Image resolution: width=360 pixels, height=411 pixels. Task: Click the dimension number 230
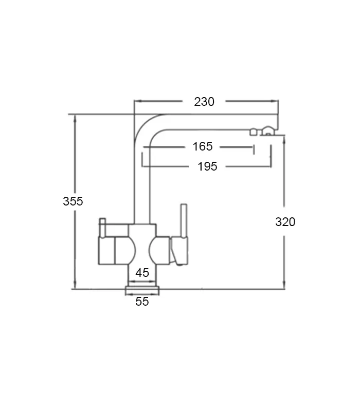(204, 102)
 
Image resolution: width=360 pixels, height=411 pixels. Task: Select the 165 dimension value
(203, 147)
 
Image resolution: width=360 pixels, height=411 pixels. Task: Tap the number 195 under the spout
(207, 166)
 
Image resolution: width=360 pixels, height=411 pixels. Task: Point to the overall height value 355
(73, 201)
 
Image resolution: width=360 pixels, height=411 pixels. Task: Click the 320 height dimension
(285, 222)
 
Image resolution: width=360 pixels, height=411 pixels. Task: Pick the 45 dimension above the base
(142, 273)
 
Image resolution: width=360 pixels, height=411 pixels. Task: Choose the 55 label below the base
(142, 302)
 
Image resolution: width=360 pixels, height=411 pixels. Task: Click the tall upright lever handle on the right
(183, 221)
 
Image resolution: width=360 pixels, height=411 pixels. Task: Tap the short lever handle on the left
(102, 229)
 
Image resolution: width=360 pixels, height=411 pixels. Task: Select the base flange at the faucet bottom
(142, 291)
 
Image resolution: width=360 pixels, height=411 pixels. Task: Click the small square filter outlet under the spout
(253, 132)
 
